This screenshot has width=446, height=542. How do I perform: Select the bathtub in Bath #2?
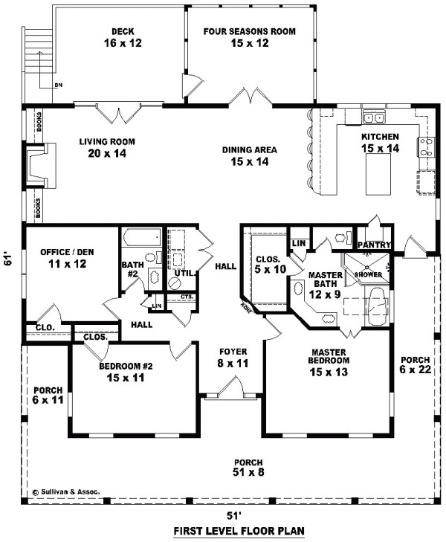click(x=140, y=239)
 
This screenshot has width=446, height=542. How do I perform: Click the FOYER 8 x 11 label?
click(x=233, y=357)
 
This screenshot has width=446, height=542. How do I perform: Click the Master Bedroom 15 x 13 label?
click(x=330, y=362)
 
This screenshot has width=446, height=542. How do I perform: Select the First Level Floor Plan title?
click(x=239, y=531)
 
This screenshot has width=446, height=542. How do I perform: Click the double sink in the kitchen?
click(x=373, y=117)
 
